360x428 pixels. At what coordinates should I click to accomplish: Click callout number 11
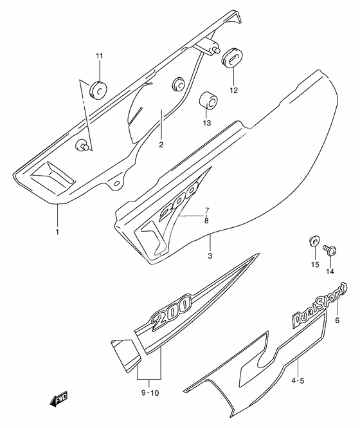pos(99,56)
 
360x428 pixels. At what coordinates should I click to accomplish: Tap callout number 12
pos(234,90)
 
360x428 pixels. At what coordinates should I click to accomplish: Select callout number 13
pos(207,123)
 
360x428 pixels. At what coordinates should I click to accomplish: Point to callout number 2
pos(161,145)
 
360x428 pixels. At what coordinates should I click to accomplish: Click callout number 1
pos(57,232)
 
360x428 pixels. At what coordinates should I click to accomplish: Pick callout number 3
pos(210,256)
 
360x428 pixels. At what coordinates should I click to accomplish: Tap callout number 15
pos(315,265)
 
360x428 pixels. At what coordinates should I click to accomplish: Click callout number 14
pos(330,272)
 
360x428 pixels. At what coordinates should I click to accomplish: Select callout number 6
pos(337,320)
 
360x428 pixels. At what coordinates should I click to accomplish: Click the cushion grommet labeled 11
pos(98,89)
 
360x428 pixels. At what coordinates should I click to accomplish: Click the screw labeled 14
pos(330,250)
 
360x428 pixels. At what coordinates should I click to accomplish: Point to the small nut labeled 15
pos(314,241)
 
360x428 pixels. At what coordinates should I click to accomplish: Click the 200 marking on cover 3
pos(177,201)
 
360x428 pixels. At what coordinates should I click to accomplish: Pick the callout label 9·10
pos(150,393)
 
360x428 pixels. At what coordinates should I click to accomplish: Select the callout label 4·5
pos(297,380)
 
